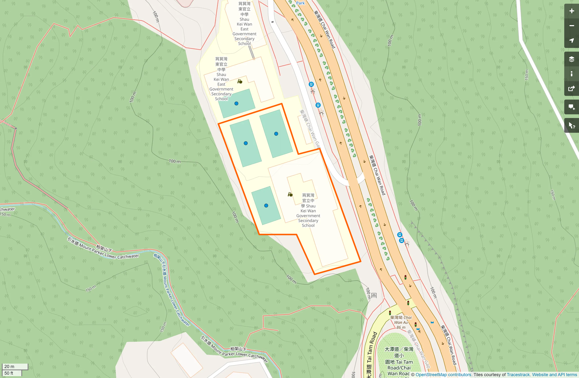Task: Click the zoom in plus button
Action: point(571,11)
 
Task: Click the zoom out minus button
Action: point(571,26)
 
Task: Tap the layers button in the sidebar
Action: point(571,59)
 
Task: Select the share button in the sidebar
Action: point(571,89)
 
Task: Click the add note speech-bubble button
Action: point(571,107)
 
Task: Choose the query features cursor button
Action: point(571,125)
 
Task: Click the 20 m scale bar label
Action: point(10,366)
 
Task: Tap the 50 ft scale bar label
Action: point(9,373)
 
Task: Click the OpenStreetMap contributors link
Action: point(443,375)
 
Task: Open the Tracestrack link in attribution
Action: point(518,375)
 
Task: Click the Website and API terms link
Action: point(554,375)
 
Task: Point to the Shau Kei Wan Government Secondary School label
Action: point(308,210)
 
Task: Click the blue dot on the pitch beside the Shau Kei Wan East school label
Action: point(236,104)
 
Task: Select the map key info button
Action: point(571,74)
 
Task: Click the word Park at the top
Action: point(300,3)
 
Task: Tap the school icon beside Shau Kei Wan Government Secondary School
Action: point(290,195)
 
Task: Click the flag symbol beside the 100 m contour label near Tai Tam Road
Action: point(374,295)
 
